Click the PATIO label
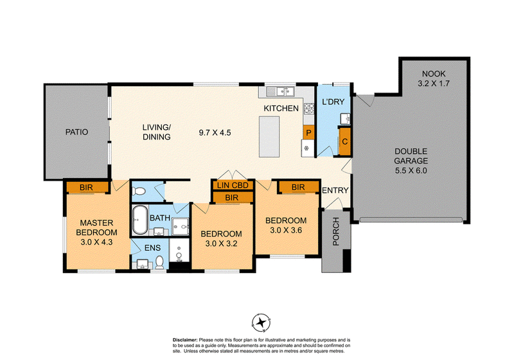pos(76,132)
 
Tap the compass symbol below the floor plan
pos(261,323)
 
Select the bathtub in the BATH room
pos(140,220)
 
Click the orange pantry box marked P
pos(308,133)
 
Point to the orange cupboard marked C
pos(345,141)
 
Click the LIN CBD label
pos(233,185)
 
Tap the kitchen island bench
pos(269,137)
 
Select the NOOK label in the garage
pos(433,74)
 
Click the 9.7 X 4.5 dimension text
pos(215,133)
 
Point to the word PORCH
pos(335,232)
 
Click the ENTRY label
pos(335,190)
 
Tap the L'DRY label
pos(333,102)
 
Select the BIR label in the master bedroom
pos(86,188)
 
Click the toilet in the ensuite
pos(159,262)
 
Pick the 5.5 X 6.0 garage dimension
pos(411,170)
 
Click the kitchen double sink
pos(280,91)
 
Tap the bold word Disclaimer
pos(185,340)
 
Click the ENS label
pos(152,248)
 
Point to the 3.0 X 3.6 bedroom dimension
pos(286,230)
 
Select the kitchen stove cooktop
pos(309,108)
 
